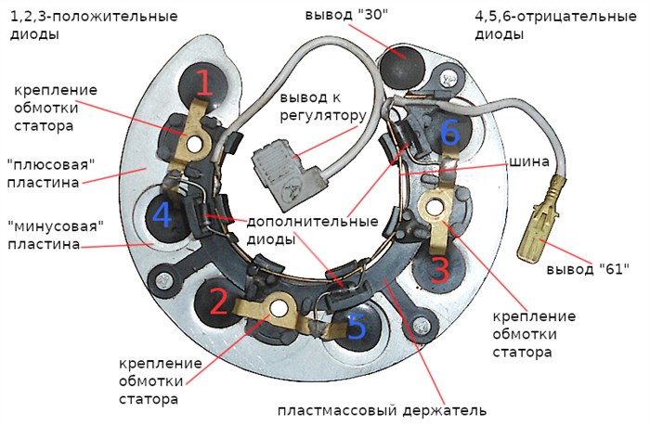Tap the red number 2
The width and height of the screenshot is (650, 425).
click(218, 303)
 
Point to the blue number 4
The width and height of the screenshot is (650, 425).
click(162, 216)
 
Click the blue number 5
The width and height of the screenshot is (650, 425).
click(357, 326)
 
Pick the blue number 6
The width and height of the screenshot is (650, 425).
click(449, 134)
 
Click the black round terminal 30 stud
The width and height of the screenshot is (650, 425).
click(405, 62)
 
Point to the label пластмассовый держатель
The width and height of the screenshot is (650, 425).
click(382, 409)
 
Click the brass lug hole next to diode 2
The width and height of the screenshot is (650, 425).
click(276, 310)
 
